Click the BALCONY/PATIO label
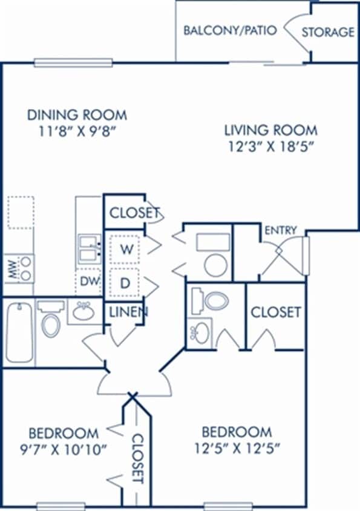[230, 30]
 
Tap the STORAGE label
[328, 32]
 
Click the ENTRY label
[280, 230]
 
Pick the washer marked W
[125, 249]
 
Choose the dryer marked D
[125, 283]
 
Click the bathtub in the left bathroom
[19, 332]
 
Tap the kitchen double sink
[88, 248]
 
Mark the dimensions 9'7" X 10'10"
[68, 449]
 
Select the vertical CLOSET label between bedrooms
[137, 458]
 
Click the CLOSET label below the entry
[275, 312]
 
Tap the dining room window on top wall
[73, 62]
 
